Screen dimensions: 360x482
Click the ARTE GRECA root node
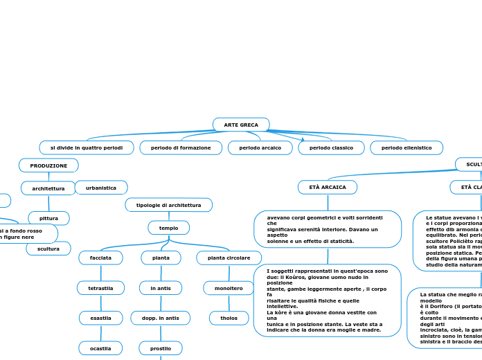[241, 125]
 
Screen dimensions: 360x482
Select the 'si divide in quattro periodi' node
[87, 148]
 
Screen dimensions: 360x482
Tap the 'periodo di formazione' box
[181, 148]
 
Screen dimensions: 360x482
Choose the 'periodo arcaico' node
[260, 148]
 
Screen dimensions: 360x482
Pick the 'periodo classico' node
[331, 148]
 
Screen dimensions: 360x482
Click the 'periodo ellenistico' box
[407, 148]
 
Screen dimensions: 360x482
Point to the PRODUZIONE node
[48, 165]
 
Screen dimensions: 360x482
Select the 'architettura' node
[48, 188]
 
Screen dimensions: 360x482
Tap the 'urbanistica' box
[101, 188]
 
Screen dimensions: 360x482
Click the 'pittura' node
[48, 219]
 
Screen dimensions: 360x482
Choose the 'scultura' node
[48, 249]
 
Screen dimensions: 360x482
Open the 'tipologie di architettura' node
[168, 205]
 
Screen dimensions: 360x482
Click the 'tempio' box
[168, 228]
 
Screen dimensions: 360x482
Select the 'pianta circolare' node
[229, 258]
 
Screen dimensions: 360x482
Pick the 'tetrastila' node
[100, 288]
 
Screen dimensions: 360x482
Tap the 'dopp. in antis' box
[160, 318]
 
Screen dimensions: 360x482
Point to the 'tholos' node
[229, 318]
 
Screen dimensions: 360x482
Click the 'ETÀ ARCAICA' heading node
[328, 188]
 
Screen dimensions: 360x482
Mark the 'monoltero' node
[229, 288]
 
